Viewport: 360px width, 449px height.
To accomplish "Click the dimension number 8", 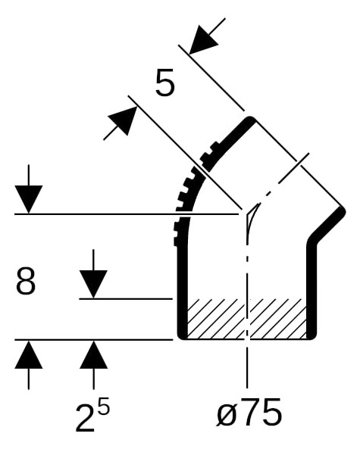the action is coord(26,281).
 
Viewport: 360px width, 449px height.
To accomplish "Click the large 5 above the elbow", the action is coord(164,83).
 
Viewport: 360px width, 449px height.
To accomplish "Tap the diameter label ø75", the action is coord(249,411).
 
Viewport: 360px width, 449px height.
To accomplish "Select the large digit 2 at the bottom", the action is coord(85,417).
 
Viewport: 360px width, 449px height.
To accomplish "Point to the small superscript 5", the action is coord(104,408).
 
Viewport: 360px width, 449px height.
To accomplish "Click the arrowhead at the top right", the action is coord(204,40).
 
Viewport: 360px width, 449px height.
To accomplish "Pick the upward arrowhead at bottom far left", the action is coord(29,354).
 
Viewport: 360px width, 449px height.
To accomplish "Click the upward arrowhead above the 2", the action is coord(93,354).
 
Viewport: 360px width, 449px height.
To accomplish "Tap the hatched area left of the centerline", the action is coord(216,319).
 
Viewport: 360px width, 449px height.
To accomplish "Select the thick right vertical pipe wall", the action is coord(311,289).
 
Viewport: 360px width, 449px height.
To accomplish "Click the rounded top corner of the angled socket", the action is coord(251,120).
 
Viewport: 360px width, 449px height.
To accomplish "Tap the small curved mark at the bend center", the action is coord(252,217).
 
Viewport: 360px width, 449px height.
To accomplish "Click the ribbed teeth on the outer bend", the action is coord(186,195).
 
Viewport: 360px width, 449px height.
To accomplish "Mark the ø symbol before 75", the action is coord(227,415).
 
